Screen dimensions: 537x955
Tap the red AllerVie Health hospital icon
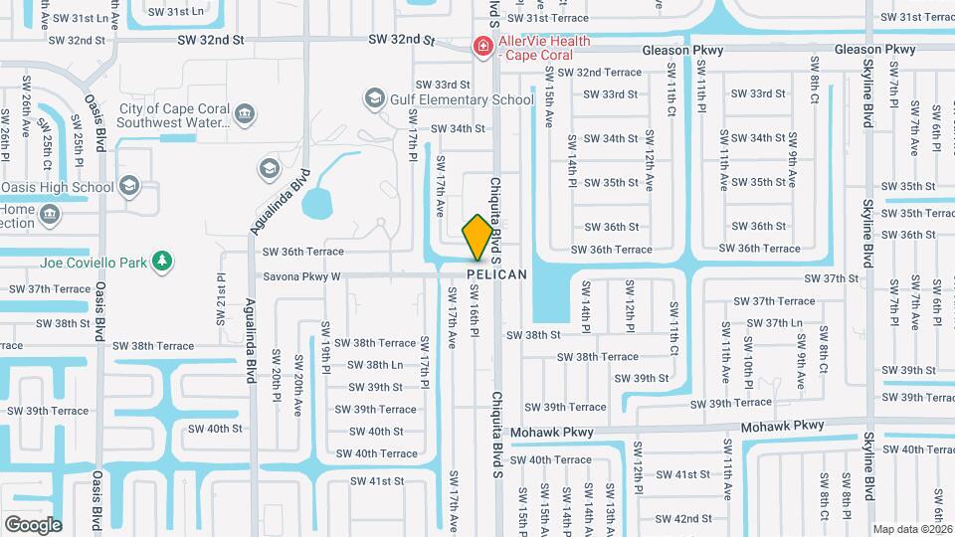coord(482,46)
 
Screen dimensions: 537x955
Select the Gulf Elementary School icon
coord(374,98)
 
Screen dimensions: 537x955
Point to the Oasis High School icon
coord(128,186)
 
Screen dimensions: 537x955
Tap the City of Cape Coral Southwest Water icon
coord(244,116)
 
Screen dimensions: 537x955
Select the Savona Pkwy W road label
coord(300,276)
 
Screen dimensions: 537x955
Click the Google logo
coord(33,524)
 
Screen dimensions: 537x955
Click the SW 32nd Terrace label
coord(600,73)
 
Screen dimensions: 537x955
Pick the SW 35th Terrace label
coord(912,213)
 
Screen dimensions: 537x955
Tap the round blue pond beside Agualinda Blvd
coord(318,205)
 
